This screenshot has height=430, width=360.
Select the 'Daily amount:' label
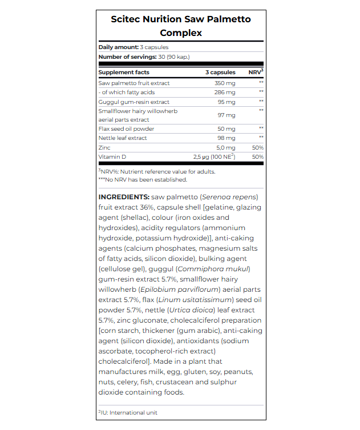[x=119, y=47]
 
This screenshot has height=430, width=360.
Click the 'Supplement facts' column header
[x=124, y=73]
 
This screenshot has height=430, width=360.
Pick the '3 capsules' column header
[x=220, y=73]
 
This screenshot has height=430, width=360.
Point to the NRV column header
[x=256, y=73]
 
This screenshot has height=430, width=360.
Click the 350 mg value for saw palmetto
[x=225, y=83]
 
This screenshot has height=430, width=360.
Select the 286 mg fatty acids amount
[x=225, y=93]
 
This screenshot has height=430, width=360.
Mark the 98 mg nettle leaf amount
[x=226, y=138]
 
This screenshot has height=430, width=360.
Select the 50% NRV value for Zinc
[x=257, y=147]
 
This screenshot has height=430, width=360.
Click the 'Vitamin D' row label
[x=112, y=156]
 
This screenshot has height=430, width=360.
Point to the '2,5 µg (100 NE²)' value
[x=214, y=156]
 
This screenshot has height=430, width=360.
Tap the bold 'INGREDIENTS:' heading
[x=124, y=197]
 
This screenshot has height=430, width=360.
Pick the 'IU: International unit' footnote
[x=129, y=412]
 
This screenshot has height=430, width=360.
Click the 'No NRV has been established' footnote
[x=143, y=180]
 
